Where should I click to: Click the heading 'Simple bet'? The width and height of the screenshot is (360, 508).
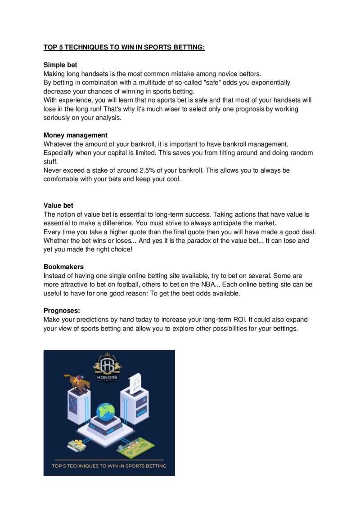(x=60, y=65)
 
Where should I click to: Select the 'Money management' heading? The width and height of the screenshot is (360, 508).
(x=75, y=135)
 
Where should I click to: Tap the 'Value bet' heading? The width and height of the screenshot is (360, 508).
(x=58, y=205)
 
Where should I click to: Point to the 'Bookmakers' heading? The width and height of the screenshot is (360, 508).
(x=63, y=267)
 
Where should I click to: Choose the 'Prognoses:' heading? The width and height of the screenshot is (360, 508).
(x=62, y=311)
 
